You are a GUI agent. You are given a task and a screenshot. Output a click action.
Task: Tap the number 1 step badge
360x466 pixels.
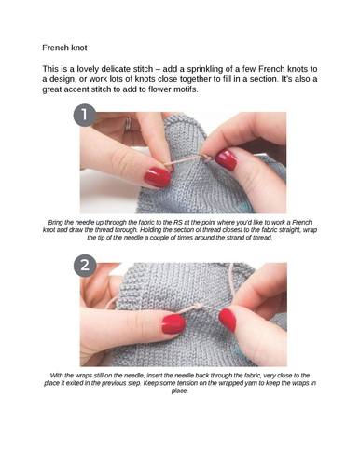[x=84, y=115]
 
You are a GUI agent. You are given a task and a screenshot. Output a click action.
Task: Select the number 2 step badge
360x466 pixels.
[x=85, y=266]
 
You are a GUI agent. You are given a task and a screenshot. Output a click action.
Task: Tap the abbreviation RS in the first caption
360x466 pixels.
[x=178, y=223]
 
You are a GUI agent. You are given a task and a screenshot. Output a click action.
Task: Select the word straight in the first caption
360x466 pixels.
[x=290, y=230]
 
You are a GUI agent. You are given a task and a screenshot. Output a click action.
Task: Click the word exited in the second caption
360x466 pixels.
[x=75, y=383]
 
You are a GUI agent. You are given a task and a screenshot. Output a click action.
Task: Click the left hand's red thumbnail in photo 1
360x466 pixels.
[x=157, y=176]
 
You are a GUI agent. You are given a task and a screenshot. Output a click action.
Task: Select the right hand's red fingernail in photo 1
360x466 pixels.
[x=227, y=159]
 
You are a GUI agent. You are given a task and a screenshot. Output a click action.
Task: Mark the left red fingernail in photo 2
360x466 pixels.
[x=173, y=323]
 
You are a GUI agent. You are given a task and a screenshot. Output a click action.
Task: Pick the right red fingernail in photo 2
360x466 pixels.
[x=228, y=320]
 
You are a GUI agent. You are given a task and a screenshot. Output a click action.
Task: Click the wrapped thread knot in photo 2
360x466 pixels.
[x=196, y=307]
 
